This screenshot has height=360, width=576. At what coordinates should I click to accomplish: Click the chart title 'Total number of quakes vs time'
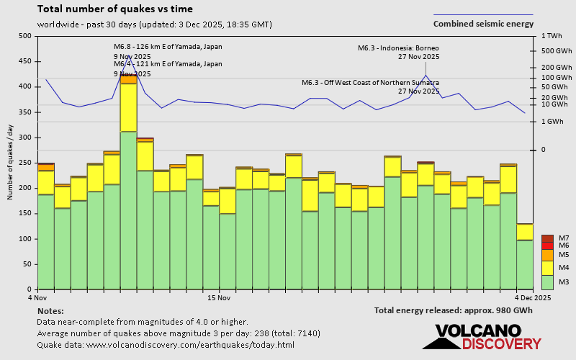[106, 9]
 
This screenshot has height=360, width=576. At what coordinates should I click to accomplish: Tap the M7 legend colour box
[547, 238]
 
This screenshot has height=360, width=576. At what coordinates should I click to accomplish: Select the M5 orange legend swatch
[547, 255]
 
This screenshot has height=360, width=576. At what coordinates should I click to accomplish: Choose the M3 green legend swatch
[547, 282]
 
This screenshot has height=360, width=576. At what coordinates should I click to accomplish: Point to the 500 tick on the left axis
[25, 36]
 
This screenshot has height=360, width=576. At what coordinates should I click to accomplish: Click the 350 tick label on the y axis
[25, 112]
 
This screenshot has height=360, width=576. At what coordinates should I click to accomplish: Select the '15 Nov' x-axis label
[218, 297]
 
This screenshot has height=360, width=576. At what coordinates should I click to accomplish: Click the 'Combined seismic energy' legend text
[483, 24]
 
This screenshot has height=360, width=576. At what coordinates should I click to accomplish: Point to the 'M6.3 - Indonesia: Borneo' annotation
[398, 48]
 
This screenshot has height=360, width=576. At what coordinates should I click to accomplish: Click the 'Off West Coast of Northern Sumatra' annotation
[370, 83]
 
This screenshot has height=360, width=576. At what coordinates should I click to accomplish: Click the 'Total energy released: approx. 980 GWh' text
[453, 310]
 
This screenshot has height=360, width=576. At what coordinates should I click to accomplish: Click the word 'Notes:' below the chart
[50, 310]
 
